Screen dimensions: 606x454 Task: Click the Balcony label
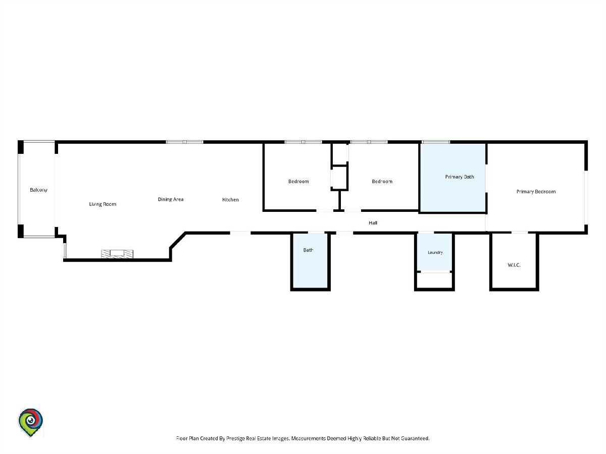[38, 190]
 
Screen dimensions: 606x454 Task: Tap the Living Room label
[103, 204]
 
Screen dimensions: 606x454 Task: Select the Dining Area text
[171, 199]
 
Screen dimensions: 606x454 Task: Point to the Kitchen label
[230, 200]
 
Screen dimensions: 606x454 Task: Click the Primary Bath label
[460, 177]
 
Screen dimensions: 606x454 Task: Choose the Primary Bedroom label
[536, 192]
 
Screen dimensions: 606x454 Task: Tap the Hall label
[373, 223]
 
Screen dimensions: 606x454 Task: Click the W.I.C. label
[514, 265]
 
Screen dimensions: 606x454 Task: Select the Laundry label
[435, 253]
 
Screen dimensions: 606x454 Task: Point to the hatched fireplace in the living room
[117, 254]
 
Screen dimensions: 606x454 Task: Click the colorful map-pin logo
[30, 423]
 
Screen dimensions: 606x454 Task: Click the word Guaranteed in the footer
[415, 438]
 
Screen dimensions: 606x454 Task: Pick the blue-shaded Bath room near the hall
[310, 261]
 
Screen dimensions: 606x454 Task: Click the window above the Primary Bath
[436, 142]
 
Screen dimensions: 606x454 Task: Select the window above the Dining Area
[184, 142]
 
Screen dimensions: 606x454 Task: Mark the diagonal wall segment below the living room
[178, 241]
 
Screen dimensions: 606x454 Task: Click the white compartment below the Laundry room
[434, 280]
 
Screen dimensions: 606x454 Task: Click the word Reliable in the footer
[372, 438]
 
